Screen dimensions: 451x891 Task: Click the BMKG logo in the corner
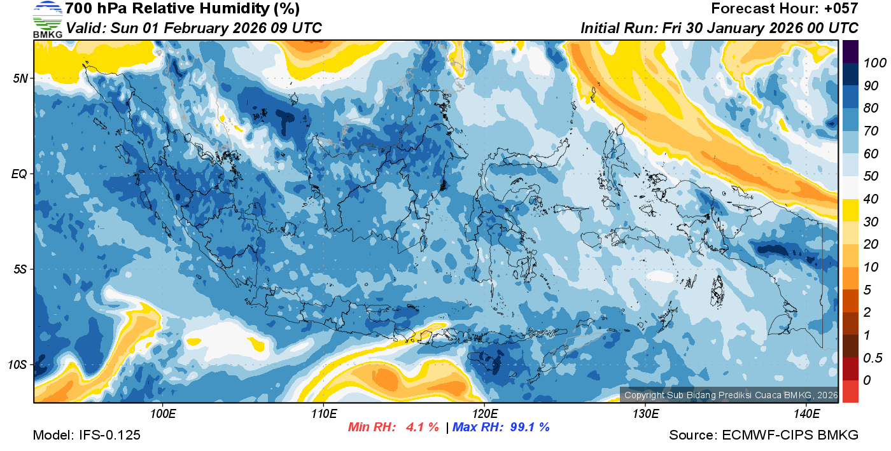(47, 19)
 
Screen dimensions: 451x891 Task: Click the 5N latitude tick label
(19, 78)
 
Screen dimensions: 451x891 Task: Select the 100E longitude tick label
(163, 414)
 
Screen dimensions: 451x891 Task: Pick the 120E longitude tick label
(484, 414)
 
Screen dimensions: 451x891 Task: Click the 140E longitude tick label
(806, 414)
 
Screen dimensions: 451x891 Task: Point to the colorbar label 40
(871, 199)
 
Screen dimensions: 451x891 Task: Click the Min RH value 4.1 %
(423, 427)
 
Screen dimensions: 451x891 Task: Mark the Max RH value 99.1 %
(530, 427)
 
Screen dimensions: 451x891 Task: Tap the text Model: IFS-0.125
(87, 435)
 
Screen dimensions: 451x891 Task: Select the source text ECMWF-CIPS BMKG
(790, 435)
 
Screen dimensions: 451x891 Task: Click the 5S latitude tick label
(19, 269)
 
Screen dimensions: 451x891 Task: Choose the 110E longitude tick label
(323, 414)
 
